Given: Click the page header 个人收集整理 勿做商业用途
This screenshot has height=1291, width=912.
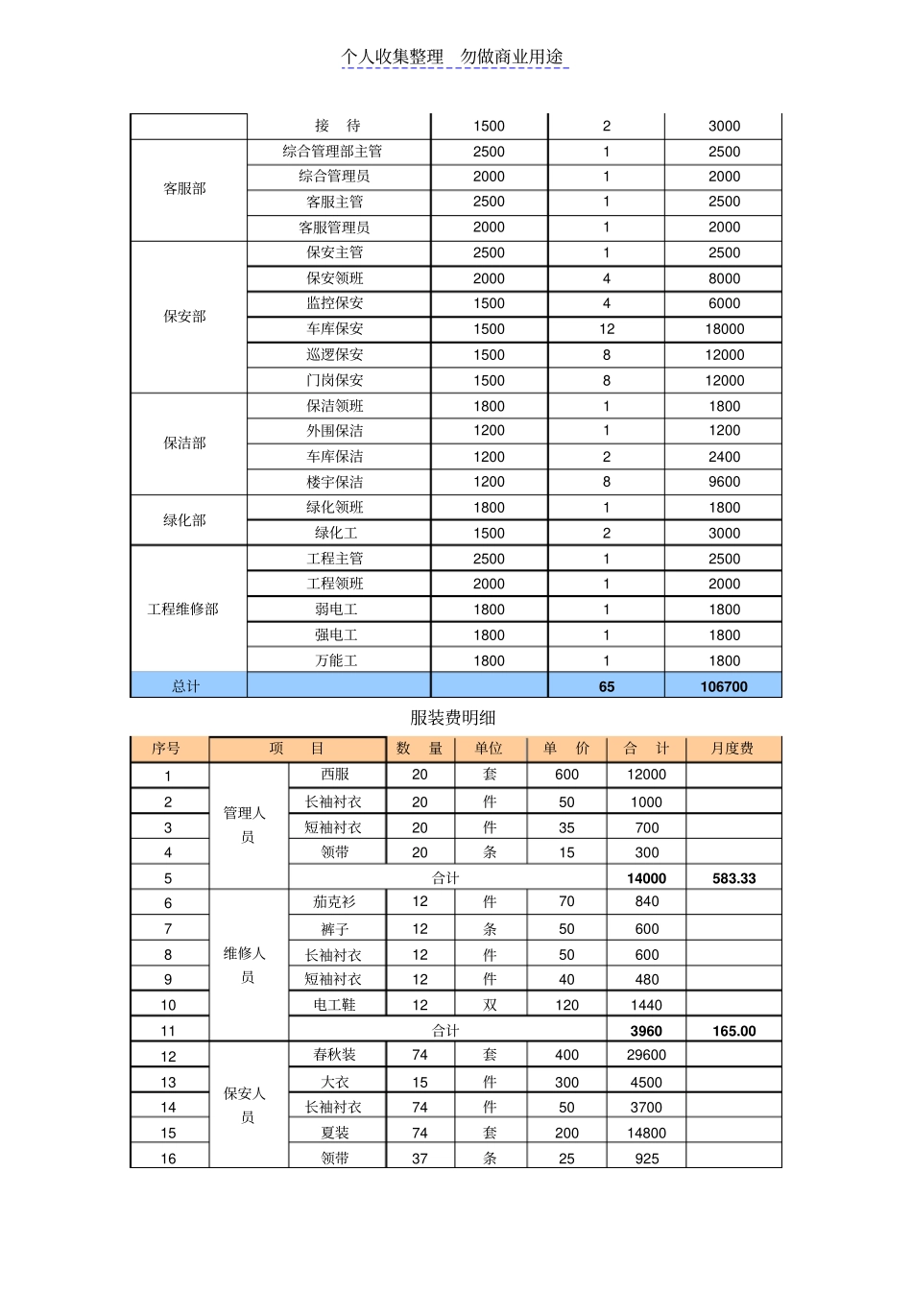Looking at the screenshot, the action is click(453, 58).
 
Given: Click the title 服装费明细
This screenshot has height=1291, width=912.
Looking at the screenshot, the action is click(453, 718).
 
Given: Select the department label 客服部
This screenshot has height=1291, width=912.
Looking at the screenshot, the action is click(184, 189).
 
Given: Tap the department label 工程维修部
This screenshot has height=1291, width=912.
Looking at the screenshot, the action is click(183, 610).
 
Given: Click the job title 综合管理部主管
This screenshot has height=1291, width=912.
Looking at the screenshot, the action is click(333, 152).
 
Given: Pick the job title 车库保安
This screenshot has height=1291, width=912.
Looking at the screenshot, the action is click(335, 329).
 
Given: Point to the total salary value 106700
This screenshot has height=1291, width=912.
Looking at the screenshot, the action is click(724, 686).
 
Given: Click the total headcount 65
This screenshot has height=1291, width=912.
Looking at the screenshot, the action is click(606, 686).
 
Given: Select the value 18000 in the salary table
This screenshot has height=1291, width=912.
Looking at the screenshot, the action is click(724, 329).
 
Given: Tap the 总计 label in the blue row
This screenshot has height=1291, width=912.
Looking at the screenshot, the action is click(186, 686).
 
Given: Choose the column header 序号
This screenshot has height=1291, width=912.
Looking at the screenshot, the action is click(167, 749).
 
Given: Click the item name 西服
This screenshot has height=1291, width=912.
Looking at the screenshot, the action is click(335, 775).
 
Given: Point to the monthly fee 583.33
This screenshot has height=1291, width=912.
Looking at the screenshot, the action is click(733, 878).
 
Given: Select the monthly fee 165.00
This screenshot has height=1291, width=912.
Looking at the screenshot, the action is click(733, 1031).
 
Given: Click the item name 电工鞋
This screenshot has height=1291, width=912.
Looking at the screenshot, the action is click(335, 1005).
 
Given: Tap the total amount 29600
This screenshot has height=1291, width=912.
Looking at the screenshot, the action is click(646, 1055).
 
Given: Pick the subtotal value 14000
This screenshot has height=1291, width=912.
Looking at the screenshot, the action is click(646, 878).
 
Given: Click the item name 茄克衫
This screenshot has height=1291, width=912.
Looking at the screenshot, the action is click(335, 902).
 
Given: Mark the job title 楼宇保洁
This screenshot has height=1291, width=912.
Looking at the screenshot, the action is click(335, 482).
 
